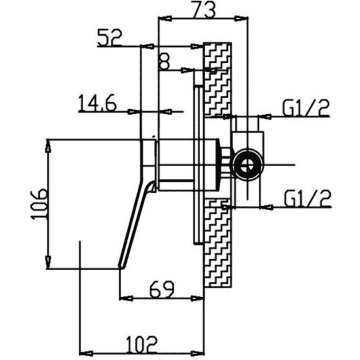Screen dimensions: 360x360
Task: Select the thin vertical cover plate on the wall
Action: pos(198,166)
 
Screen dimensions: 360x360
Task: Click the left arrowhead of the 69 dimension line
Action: pos(122,297)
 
